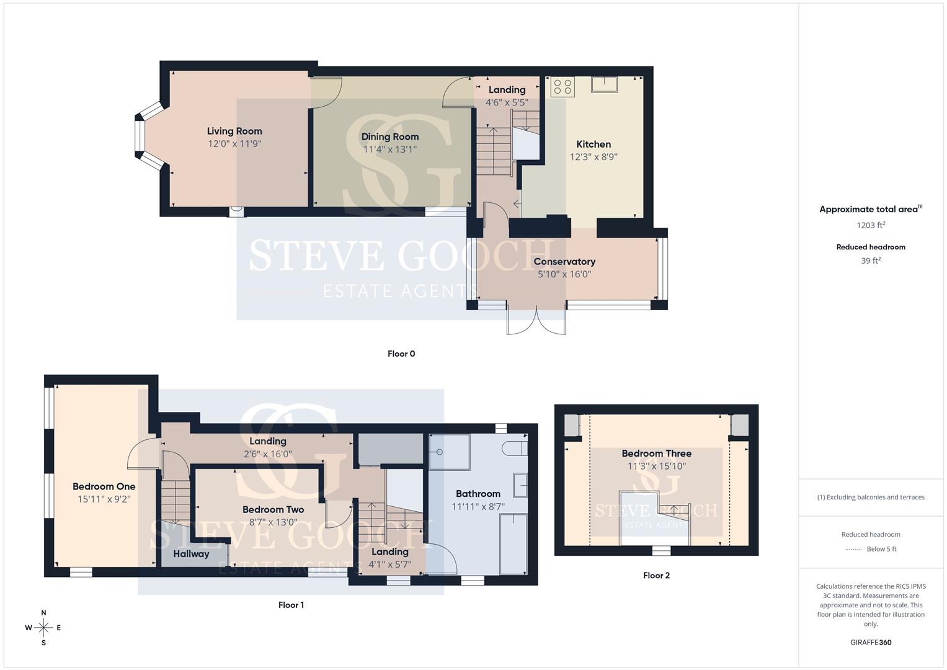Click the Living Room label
click(x=234, y=131)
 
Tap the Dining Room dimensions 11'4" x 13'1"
click(x=390, y=150)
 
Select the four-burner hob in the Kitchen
click(x=562, y=87)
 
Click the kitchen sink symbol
click(x=604, y=84)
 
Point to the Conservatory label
click(x=564, y=261)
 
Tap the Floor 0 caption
click(x=401, y=354)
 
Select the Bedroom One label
click(x=104, y=486)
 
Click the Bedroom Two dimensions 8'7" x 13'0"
click(x=273, y=522)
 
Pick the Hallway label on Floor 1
click(x=191, y=553)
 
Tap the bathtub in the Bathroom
click(x=514, y=544)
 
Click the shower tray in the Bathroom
click(x=450, y=452)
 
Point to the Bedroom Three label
click(x=656, y=453)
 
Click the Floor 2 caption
click(x=656, y=575)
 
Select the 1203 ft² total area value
click(x=871, y=225)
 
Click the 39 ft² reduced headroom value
click(x=871, y=261)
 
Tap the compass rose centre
click(x=43, y=628)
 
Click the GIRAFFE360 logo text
click(x=871, y=643)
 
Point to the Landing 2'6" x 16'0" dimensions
click(x=268, y=454)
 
